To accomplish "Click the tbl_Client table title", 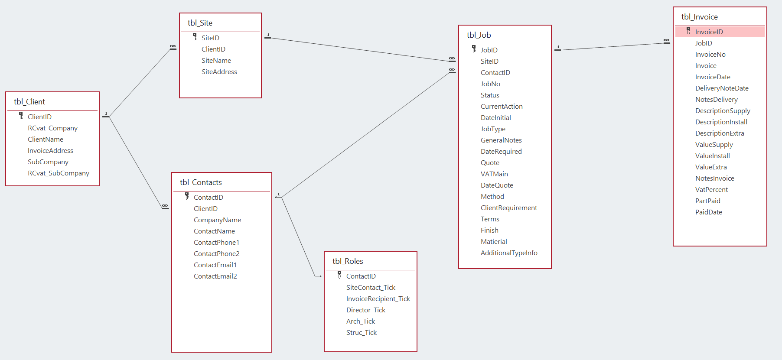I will click(x=29, y=102).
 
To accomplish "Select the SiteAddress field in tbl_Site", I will click(x=219, y=72).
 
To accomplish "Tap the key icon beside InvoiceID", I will click(x=688, y=31).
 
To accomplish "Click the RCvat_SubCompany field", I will click(x=59, y=173).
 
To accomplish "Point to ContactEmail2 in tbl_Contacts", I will click(x=215, y=276).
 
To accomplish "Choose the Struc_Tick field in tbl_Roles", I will click(x=361, y=333).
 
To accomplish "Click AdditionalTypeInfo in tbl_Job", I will click(x=509, y=253).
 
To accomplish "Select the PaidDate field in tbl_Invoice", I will click(x=708, y=212).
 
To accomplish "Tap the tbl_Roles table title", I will click(x=348, y=261).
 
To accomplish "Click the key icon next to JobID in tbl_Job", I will click(x=474, y=49).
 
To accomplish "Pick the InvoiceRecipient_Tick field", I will click(x=378, y=299).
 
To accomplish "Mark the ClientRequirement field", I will click(x=508, y=208).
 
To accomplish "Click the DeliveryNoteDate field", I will click(x=722, y=88).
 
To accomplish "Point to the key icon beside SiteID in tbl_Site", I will click(x=195, y=37).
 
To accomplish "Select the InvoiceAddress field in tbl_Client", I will click(x=50, y=151).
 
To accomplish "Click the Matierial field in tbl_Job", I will click(x=494, y=242).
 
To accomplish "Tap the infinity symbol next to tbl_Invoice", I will click(x=666, y=40).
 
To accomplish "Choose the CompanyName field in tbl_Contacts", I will click(x=217, y=220).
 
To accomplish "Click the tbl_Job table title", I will click(x=479, y=35).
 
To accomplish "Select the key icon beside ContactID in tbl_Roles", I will click(x=339, y=275).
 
